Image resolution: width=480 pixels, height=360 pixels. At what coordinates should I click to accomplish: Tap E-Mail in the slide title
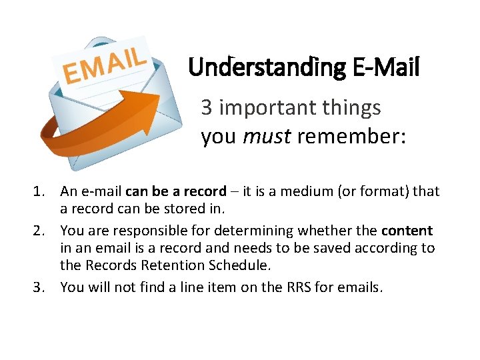pos(383,67)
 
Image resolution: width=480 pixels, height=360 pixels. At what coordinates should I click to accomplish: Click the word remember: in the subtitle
pos(351,136)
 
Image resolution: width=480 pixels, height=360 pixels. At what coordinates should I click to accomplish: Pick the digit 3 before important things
pos(207,107)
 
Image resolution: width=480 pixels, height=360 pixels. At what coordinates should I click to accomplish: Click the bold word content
pos(407,231)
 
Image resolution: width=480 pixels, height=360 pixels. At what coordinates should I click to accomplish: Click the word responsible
pos(143,231)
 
